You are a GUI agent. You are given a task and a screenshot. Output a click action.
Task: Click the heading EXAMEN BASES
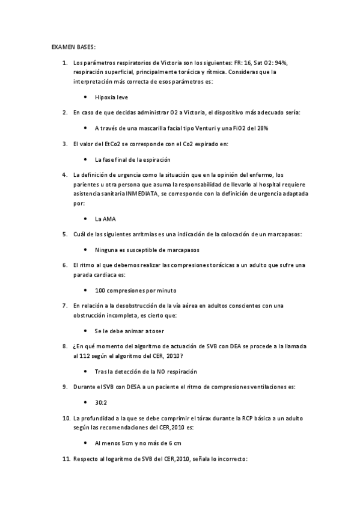(73, 47)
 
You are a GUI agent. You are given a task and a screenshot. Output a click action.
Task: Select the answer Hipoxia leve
(111, 97)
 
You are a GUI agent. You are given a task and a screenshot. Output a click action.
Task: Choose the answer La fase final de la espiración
(133, 159)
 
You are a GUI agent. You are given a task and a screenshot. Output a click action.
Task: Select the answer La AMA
(106, 219)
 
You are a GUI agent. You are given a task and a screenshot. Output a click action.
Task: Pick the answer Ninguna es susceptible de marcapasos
(147, 249)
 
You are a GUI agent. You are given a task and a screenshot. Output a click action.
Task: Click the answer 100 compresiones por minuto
(136, 290)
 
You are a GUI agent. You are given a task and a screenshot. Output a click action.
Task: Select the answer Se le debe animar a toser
(129, 331)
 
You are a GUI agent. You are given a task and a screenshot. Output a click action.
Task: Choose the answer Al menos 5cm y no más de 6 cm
(138, 443)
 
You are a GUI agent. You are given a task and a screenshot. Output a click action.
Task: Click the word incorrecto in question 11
(222, 458)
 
